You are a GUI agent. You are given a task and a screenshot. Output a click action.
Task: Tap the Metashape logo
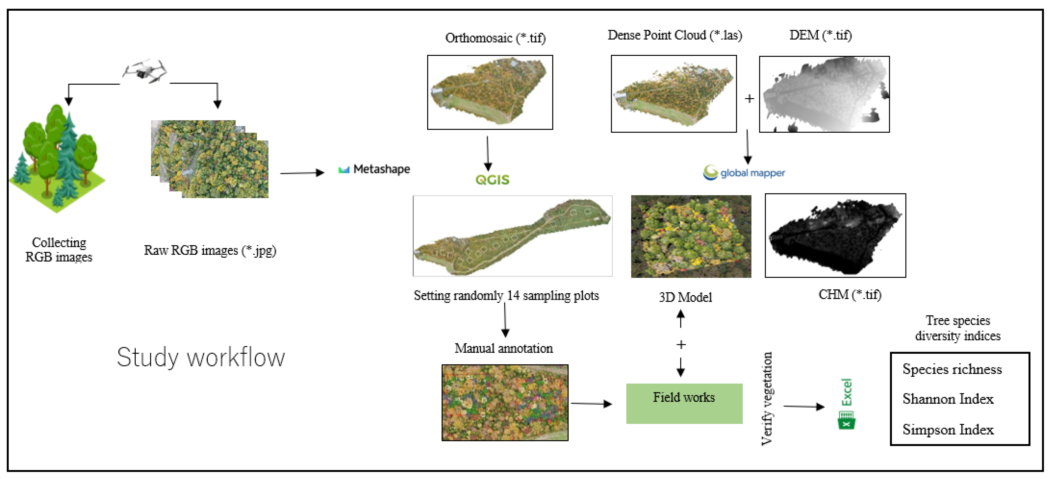[374, 169]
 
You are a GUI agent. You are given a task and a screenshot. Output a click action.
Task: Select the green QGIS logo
[492, 180]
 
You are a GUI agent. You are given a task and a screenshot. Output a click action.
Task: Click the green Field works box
[684, 403]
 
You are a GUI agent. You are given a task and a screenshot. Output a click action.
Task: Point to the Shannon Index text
[948, 399]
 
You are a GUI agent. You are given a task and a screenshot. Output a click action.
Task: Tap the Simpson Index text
[948, 430]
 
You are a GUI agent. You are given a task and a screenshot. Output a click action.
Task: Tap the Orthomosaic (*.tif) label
[495, 38]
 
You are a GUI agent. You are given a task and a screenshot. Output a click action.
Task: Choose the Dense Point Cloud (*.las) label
[674, 35]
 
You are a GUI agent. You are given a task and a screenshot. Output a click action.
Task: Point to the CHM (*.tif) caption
[849, 294]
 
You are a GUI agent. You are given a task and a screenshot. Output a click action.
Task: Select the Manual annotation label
[504, 348]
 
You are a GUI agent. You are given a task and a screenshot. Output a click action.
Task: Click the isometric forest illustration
[57, 159]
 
